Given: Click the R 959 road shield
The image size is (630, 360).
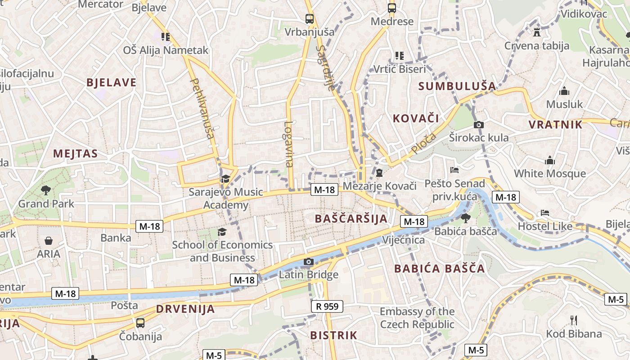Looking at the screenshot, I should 327,307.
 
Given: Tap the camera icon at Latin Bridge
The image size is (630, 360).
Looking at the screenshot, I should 308,261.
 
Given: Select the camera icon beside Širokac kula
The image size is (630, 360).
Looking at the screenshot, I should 479,125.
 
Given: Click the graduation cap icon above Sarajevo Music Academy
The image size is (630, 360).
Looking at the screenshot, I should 225,179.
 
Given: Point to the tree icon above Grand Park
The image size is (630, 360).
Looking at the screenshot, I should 45,190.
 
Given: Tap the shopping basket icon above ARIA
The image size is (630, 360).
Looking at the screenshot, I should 49,241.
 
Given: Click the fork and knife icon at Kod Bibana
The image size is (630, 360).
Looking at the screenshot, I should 574,320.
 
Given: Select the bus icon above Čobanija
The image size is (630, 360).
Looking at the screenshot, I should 140,323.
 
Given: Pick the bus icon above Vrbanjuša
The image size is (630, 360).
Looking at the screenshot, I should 310,19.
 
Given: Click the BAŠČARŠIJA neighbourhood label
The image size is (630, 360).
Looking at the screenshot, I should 351,219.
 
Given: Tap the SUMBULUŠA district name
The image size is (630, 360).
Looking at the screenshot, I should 457,86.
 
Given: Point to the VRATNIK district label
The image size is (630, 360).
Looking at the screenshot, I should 556,125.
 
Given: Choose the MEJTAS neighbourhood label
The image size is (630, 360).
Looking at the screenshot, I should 76,153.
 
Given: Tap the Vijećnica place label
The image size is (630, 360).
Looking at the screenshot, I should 404,240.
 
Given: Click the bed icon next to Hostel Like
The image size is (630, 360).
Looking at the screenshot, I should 545,212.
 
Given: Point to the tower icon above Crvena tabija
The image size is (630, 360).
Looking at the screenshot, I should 536,32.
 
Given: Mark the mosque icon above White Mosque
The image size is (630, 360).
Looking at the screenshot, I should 550,160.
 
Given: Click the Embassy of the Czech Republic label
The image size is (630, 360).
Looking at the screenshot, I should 417,318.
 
